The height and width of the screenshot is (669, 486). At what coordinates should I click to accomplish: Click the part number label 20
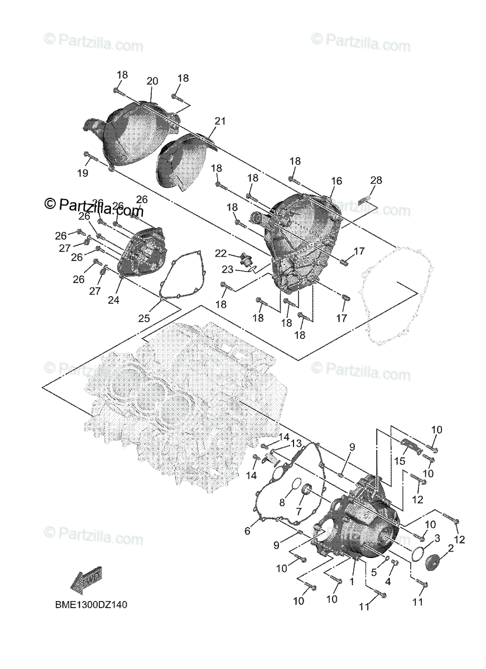pos(152,81)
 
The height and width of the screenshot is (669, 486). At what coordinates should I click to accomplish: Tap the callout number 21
pos(220,122)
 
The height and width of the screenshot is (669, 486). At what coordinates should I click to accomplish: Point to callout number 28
pos(376,180)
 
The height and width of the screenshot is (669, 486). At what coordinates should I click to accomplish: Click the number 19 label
pos(83,173)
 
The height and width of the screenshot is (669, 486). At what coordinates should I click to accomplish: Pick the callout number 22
pos(220,253)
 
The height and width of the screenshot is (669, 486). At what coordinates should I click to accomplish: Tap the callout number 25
pos(144,318)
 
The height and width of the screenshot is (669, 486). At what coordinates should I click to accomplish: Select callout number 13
pos(296,443)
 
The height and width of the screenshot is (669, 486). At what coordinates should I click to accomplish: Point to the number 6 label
pos(247,532)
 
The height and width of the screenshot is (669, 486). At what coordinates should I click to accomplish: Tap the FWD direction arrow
pos(86,580)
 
